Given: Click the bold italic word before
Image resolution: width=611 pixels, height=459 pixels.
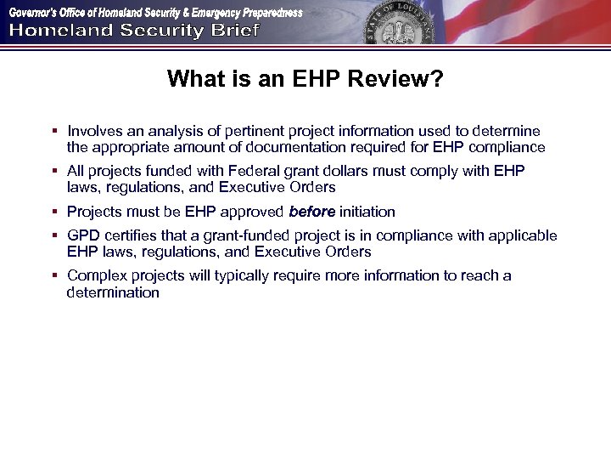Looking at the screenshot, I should pos(311,212).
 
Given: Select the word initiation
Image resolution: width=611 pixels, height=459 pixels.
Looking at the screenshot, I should pos(367,212).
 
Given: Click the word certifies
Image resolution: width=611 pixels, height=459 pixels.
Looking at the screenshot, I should pos(132,235).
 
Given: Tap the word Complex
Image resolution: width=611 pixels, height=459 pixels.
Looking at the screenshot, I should pos(96,276).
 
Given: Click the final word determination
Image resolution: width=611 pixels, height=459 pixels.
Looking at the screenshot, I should pos(113,292).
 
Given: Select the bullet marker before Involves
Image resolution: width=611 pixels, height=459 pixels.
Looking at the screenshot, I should pos(53,132).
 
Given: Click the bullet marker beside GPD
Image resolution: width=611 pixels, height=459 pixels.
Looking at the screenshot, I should pos(53,236).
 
